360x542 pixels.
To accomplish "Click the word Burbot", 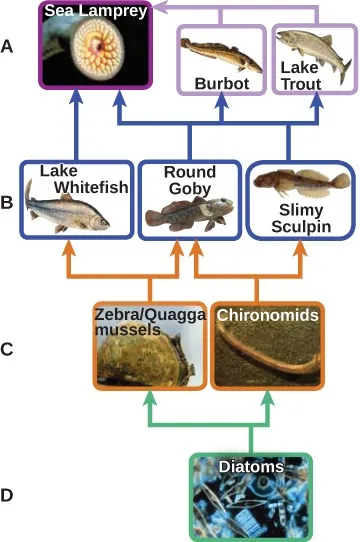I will click(221, 84).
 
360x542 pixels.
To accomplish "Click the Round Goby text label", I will click(189, 179).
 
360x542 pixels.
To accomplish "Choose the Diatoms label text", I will click(252, 466).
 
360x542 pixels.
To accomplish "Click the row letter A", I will click(9, 46).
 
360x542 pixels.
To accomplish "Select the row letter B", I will click(9, 201).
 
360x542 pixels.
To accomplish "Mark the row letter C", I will click(9, 349).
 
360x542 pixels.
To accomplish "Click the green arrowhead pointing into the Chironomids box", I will click(267, 397).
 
